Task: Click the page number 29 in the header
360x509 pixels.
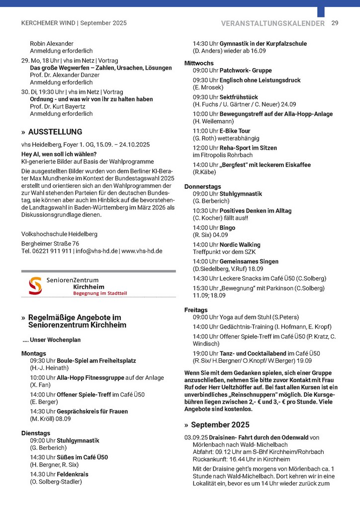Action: (x=335, y=23)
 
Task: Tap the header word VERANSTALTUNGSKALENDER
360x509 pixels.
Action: (x=273, y=23)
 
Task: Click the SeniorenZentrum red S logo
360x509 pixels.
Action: (x=35, y=286)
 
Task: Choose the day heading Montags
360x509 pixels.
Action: (x=33, y=353)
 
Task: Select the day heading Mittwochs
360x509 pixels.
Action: (x=199, y=64)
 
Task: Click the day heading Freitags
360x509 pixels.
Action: (x=196, y=310)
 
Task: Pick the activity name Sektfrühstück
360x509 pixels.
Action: (x=239, y=97)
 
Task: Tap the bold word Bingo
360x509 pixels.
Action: (x=227, y=228)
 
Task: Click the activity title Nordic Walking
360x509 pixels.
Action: (x=240, y=245)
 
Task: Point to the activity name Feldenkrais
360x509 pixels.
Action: (x=73, y=474)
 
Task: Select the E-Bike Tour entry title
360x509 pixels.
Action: (x=238, y=131)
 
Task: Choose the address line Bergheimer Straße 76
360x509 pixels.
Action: (x=50, y=244)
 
